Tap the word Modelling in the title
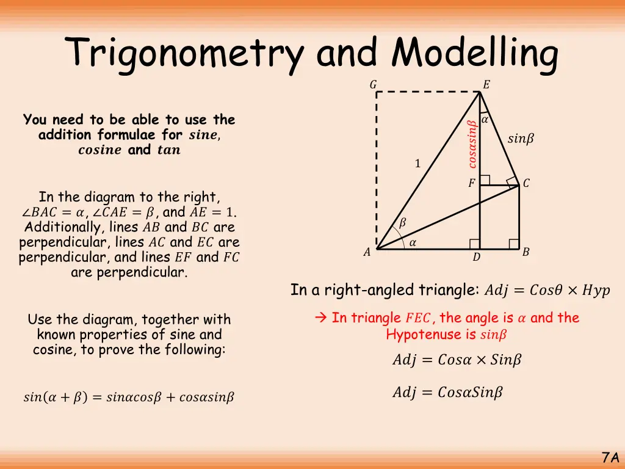tap(475, 54)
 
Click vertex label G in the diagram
tap(373, 85)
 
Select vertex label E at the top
tap(486, 85)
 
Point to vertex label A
tap(367, 252)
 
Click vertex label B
tap(526, 252)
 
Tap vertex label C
tap(526, 183)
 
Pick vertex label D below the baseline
tap(477, 258)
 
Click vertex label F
tap(471, 183)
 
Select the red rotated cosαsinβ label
tap(472, 144)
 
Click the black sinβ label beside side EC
tap(521, 139)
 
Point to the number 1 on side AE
tap(417, 164)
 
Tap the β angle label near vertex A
tap(402, 224)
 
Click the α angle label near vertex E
tap(485, 120)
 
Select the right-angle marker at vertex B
tap(514, 244)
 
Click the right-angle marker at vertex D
tap(474, 244)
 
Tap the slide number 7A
tap(610, 457)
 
